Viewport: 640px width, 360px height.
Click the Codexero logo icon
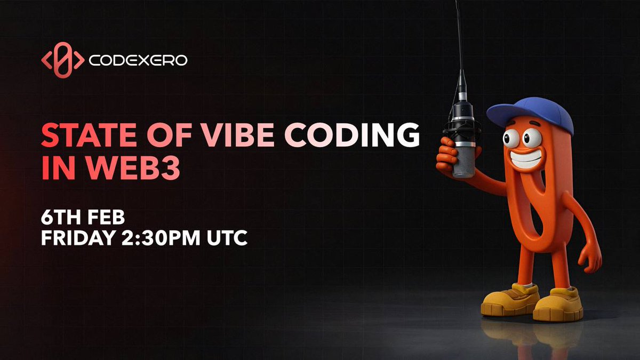pos(62,60)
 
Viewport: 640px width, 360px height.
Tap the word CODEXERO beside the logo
pos(138,61)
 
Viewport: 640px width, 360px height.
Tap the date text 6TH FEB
pos(83,218)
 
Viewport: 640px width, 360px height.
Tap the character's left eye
pos(511,138)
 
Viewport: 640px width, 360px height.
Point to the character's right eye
pos(532,138)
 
